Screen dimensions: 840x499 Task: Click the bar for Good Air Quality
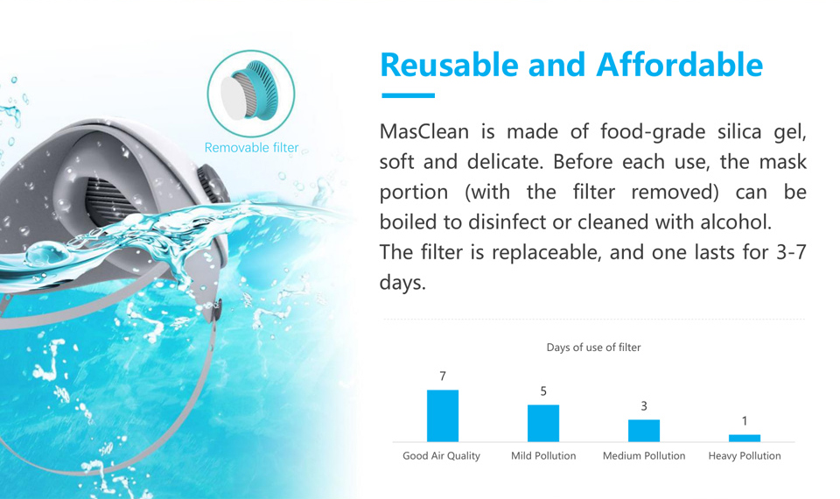tap(443, 416)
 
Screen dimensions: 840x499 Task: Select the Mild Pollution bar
tap(543, 424)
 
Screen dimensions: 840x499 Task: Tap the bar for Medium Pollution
tap(644, 431)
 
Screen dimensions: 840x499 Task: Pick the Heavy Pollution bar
tap(745, 439)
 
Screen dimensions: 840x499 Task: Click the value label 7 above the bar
tap(443, 376)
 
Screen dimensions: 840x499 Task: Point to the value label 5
tap(543, 391)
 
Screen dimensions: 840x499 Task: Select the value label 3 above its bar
tap(644, 406)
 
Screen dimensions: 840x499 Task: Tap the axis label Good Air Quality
tap(441, 456)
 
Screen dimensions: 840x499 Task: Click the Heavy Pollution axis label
tap(745, 456)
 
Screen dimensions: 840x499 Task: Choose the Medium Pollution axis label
tap(644, 456)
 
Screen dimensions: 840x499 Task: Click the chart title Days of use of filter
tap(593, 348)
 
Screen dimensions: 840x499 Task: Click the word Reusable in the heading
tap(449, 66)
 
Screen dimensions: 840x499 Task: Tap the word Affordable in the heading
tap(679, 64)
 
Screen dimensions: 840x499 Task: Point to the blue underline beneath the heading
tap(409, 95)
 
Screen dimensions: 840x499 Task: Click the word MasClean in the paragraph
tap(424, 131)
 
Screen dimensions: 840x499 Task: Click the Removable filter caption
tap(251, 147)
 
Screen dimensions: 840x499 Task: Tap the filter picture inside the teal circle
tap(250, 89)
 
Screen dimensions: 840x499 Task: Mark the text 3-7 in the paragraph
tap(791, 252)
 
